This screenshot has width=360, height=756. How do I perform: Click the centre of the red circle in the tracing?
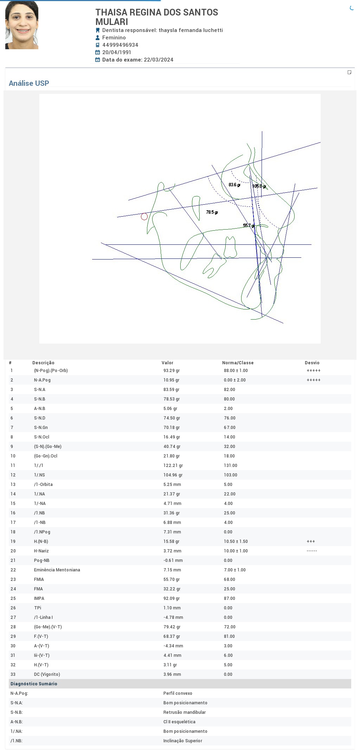(x=144, y=217)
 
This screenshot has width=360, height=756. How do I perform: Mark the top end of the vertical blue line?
(x=262, y=131)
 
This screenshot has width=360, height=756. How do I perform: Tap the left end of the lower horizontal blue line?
(x=92, y=259)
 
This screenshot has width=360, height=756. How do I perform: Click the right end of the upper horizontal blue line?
(x=311, y=244)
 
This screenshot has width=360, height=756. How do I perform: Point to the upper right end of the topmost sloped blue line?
(x=320, y=142)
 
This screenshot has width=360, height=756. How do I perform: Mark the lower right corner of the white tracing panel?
(x=321, y=343)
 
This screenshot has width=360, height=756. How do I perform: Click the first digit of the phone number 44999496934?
(x=104, y=45)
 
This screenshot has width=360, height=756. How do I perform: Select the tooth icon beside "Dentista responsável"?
(x=98, y=30)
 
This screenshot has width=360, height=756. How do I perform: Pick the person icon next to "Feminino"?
(x=98, y=38)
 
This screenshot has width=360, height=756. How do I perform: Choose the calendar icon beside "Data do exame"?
(x=98, y=60)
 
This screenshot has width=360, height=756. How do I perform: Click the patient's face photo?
(x=22, y=25)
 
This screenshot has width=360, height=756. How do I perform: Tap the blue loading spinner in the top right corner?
(x=352, y=8)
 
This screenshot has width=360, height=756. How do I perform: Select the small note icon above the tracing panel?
(x=349, y=72)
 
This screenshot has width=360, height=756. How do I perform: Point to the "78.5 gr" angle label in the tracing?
(x=212, y=212)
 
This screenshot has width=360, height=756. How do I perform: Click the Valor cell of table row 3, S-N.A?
(x=172, y=390)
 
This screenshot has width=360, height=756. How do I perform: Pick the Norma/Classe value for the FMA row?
(x=230, y=589)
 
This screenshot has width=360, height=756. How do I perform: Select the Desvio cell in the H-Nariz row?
(x=312, y=551)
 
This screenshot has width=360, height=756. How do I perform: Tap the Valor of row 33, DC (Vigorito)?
(x=172, y=674)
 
